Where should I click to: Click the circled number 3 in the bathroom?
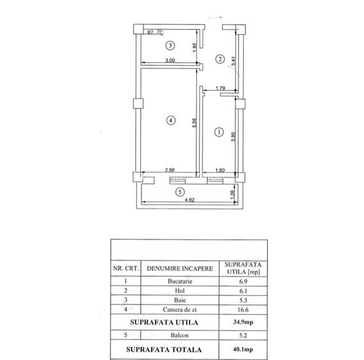pos(170,45)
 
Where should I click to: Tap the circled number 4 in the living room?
pos(171,120)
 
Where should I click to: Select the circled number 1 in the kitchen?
pos(219,132)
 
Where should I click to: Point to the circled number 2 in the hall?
pos(220,59)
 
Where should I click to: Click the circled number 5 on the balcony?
pos(180,192)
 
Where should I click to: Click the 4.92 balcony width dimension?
pos(189,200)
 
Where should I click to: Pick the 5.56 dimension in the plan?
pos(194,123)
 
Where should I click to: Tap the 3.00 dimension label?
pos(170,60)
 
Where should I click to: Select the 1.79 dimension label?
pos(220,88)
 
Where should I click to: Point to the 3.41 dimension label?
pos(233,61)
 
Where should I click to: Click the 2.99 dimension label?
pos(170,170)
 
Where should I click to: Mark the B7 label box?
pos(150,32)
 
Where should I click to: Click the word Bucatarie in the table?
pos(180,281)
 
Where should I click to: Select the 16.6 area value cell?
pos(243,309)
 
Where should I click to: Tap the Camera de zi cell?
pos(180,309)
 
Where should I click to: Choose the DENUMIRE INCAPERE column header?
pos(180,269)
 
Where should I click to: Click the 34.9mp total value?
pos(243,322)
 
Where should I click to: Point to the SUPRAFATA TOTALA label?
pos(164,350)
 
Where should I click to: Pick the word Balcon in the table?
pos(180,335)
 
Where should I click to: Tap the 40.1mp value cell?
pos(243,349)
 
